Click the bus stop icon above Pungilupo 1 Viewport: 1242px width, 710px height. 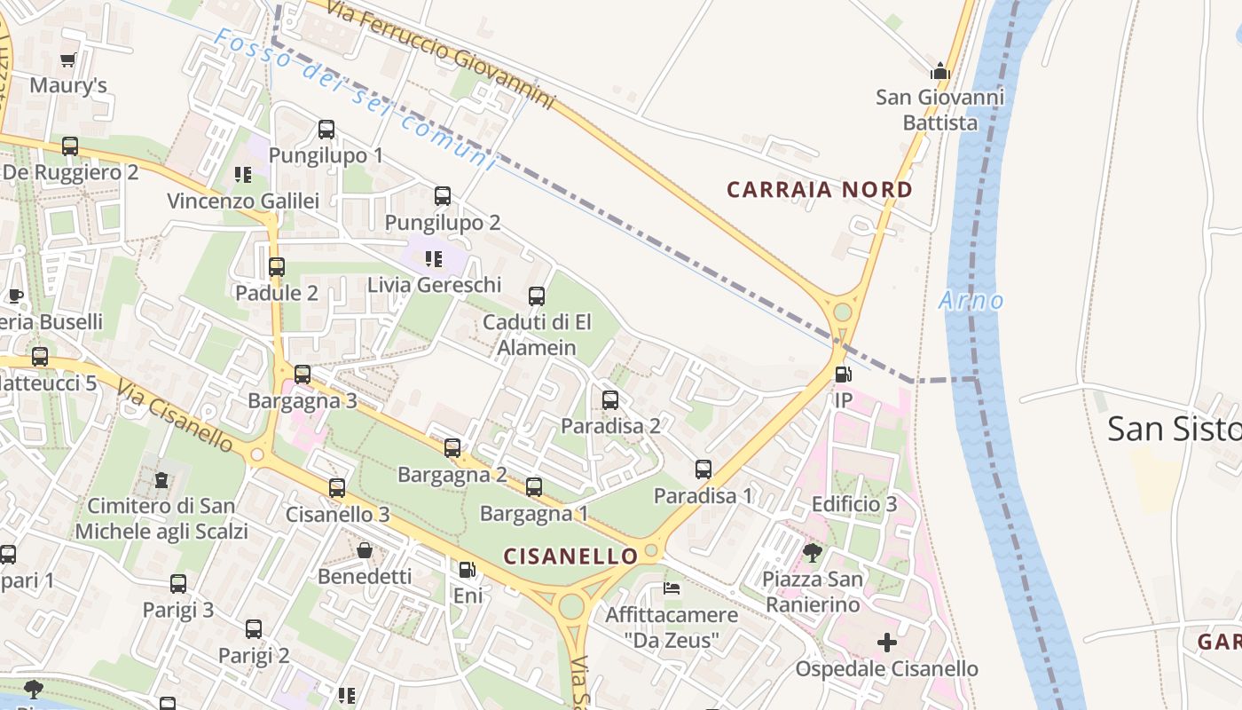[x=326, y=130]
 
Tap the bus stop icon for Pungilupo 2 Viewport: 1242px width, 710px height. [x=443, y=196]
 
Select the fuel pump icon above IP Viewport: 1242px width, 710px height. [x=843, y=375]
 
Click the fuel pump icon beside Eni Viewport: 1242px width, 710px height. [x=467, y=570]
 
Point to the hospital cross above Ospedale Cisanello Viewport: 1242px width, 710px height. [x=886, y=643]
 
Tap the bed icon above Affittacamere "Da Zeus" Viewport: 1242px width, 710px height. [x=672, y=588]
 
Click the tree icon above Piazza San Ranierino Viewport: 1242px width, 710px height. [x=812, y=554]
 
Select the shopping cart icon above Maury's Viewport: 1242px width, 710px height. [x=68, y=60]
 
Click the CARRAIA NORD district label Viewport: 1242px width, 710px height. [x=819, y=189]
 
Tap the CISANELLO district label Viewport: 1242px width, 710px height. [x=570, y=556]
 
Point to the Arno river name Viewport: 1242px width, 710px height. [x=971, y=301]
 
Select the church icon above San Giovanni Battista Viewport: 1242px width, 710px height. [x=939, y=71]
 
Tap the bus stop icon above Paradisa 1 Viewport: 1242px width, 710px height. [x=704, y=469]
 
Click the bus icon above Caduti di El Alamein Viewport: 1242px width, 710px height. [x=537, y=296]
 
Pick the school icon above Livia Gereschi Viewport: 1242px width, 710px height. [x=434, y=259]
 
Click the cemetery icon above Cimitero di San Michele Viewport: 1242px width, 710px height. [x=161, y=480]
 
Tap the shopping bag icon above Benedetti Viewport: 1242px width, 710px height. [x=365, y=550]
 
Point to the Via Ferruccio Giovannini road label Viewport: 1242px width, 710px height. [x=440, y=55]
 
